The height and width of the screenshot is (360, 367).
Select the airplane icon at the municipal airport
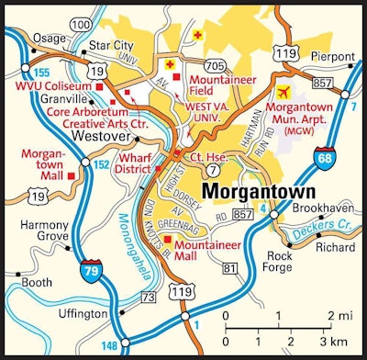coord(284,93)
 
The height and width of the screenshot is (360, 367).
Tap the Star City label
coord(105,45)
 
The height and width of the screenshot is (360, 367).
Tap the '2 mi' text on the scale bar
coord(339,315)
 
